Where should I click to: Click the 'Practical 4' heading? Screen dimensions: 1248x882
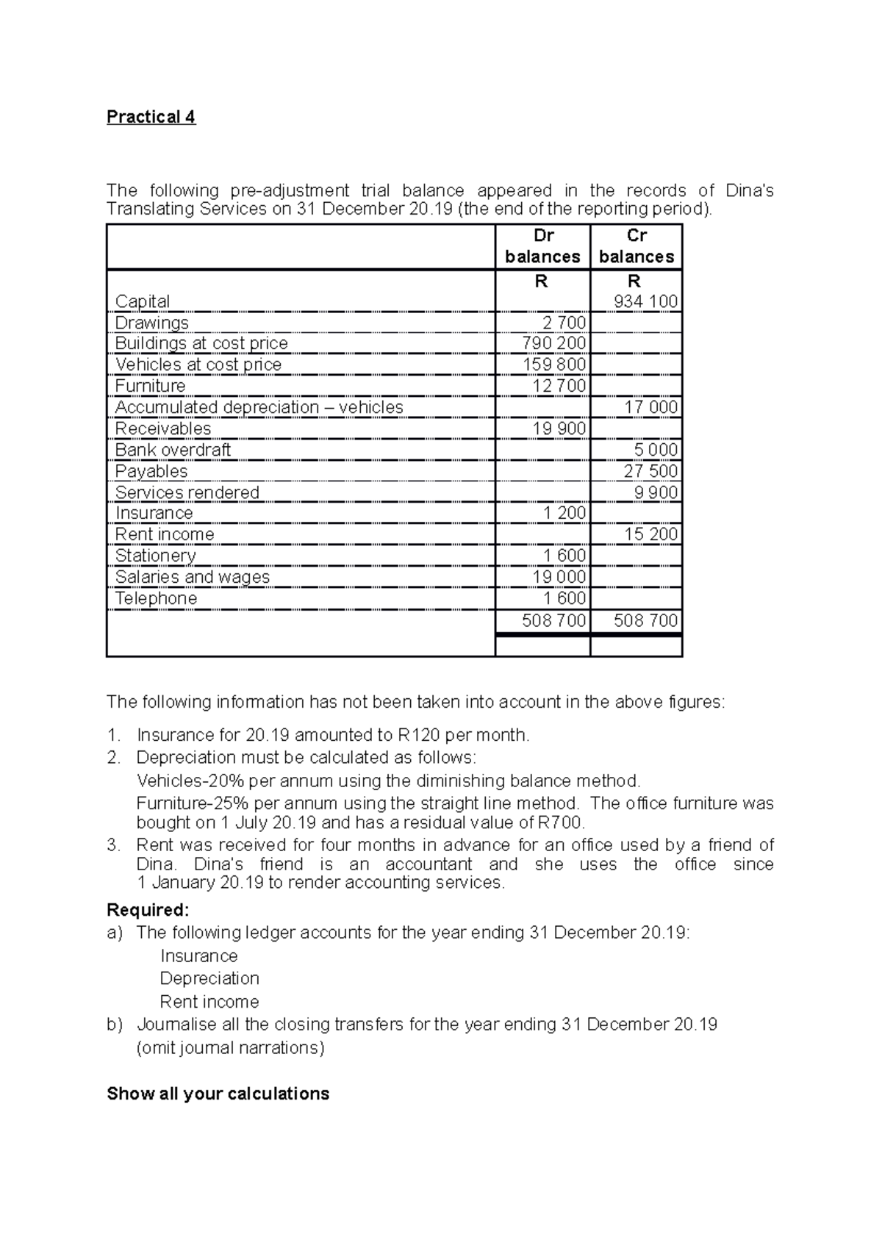[151, 117]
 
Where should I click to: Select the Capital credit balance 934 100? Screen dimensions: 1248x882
[650, 301]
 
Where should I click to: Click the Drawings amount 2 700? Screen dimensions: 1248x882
[564, 323]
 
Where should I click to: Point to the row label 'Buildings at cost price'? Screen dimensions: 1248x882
[201, 343]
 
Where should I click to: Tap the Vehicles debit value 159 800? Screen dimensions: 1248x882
[554, 365]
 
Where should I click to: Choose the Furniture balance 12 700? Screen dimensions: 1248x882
[559, 386]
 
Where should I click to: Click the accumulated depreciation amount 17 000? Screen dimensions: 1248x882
[650, 407]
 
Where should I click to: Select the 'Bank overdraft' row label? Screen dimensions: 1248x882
[173, 450]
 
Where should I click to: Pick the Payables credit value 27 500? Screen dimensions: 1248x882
[650, 471]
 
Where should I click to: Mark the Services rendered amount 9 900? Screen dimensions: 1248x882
[656, 492]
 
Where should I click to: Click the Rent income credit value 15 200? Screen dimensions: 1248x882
[650, 534]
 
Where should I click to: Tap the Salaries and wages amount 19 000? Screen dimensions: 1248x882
[559, 577]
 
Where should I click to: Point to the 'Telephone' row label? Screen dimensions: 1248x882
[156, 598]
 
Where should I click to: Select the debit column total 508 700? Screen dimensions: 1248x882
[553, 621]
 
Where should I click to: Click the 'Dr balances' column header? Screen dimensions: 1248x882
[542, 246]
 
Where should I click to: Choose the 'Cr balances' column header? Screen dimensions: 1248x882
[637, 246]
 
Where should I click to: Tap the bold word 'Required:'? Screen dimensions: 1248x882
[148, 910]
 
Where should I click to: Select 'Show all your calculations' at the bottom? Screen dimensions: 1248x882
[218, 1094]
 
